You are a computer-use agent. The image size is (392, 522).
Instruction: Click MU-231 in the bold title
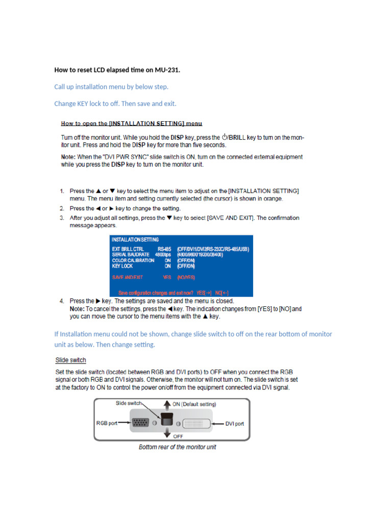(x=166, y=70)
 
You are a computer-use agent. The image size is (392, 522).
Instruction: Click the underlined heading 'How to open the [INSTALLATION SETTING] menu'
(x=132, y=123)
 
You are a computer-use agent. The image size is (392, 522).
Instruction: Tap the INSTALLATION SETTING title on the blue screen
(x=135, y=239)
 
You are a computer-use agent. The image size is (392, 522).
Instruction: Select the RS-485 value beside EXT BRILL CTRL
(x=164, y=249)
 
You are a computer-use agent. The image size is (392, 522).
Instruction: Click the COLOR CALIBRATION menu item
(x=133, y=260)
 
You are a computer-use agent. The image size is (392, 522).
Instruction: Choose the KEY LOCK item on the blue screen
(x=122, y=266)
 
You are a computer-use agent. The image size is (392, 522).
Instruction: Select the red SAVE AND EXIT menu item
(x=128, y=278)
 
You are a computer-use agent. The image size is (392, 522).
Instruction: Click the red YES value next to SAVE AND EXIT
(x=166, y=278)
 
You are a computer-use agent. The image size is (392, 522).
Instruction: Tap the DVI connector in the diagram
(x=200, y=423)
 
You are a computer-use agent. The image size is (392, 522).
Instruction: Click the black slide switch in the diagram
(x=165, y=421)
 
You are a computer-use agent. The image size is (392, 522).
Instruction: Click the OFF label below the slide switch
(x=178, y=436)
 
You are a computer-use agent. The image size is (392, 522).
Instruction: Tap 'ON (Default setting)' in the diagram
(x=194, y=404)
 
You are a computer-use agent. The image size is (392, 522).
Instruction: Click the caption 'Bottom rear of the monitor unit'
(x=177, y=447)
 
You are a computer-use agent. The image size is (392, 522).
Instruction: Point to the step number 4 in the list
(x=62, y=301)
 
